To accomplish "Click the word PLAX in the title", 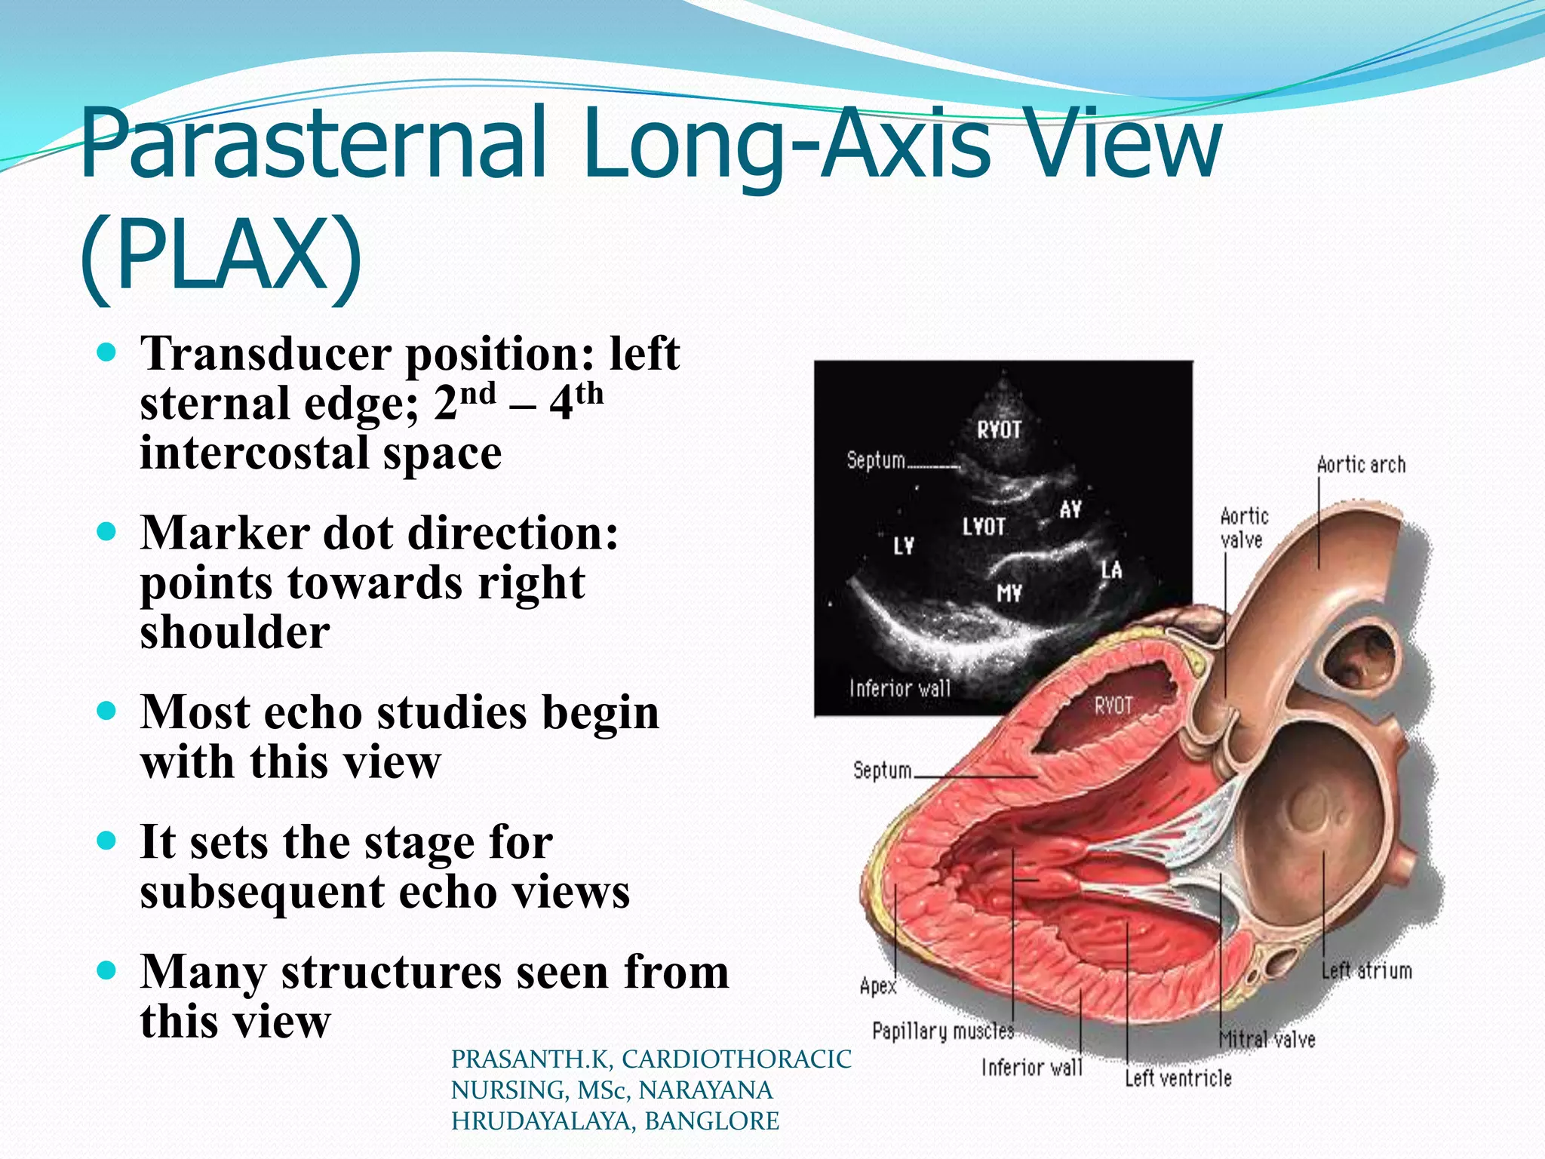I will [222, 254].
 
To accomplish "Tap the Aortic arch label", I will [1361, 465].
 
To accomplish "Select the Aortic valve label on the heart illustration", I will [1244, 528].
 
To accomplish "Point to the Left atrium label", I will [1366, 970].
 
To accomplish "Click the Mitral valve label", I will [1267, 1040].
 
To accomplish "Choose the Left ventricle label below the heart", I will [1178, 1078].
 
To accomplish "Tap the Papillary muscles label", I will [942, 1031].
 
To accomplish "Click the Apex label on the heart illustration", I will [878, 986].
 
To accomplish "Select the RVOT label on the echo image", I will [999, 430].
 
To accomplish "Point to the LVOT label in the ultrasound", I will [983, 527].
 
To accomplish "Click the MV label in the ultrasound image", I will [1009, 594].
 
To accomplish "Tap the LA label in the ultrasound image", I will [1111, 570].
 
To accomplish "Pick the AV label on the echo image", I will [1070, 510].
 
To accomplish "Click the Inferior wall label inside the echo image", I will [899, 688].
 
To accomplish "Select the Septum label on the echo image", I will [875, 460].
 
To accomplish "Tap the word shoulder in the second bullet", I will [235, 632].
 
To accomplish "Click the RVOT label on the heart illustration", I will [1113, 706].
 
